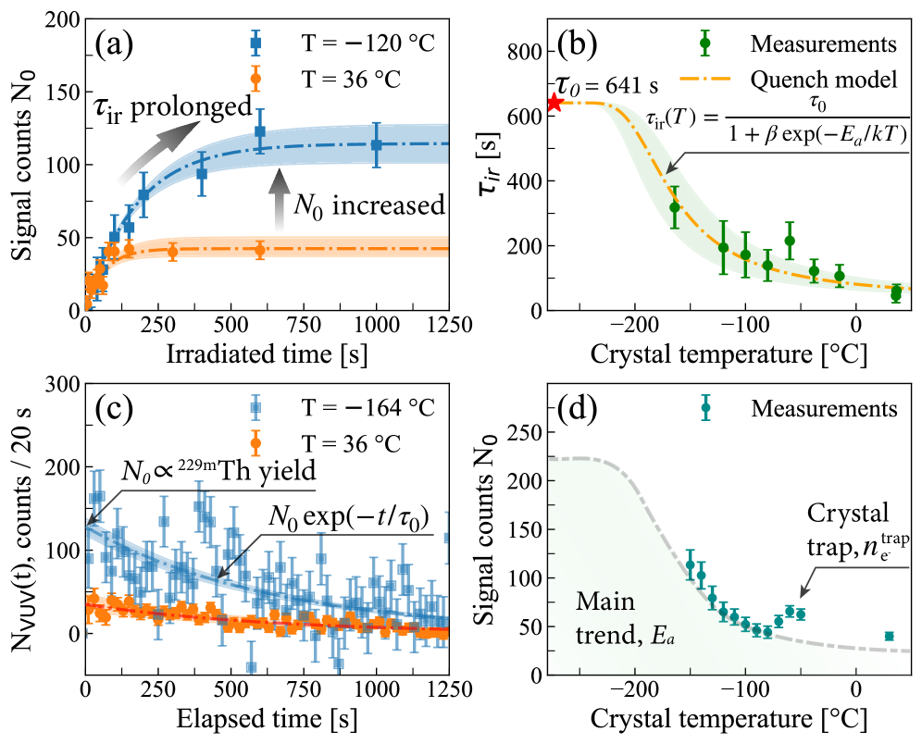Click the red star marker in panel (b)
point(554,102)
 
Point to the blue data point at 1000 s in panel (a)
point(377,144)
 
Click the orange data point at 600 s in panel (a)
point(260,249)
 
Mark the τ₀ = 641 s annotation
point(607,84)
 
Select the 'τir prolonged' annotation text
point(173,107)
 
